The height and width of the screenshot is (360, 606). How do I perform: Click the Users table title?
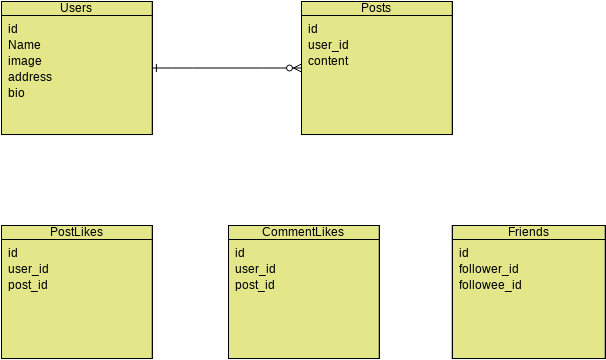coord(77,8)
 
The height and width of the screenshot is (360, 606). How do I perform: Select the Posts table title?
coord(376,8)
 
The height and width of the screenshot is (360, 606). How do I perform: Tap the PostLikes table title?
coord(76,232)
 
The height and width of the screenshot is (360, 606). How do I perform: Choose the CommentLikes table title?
coord(303,232)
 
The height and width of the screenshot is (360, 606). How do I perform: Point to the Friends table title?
coord(528,232)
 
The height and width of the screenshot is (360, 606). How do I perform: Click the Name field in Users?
coord(24,45)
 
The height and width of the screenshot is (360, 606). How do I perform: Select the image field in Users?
coord(25,61)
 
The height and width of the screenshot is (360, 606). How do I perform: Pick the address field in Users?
coord(30,77)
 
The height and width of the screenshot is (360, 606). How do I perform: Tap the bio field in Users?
coord(16,93)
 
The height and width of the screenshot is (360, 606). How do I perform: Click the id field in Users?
coord(13,29)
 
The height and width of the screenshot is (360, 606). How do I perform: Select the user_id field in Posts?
coord(328,45)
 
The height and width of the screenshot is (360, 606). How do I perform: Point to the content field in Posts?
coord(328,61)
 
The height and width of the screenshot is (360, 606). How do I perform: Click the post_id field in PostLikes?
coord(28,285)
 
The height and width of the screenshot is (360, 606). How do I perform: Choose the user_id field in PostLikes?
coord(28,269)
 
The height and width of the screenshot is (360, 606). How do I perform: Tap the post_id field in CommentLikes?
coord(255,285)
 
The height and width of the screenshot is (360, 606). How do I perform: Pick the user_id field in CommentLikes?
coord(255,269)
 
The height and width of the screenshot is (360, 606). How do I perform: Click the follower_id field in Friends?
coord(488,269)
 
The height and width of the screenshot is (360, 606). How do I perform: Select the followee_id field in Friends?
coord(490,285)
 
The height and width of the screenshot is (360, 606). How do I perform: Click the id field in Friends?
coord(464,253)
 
